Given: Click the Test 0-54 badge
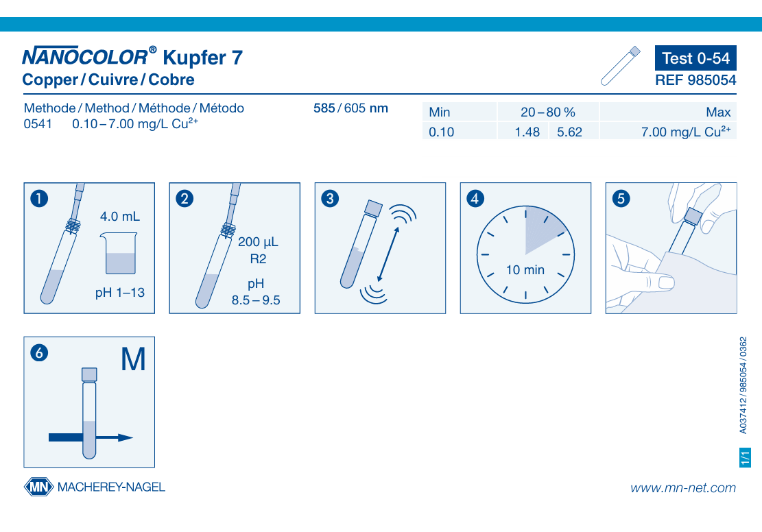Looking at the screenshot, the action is point(695,58).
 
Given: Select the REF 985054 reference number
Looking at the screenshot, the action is point(695,80).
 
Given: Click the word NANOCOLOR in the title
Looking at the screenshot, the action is point(85,57).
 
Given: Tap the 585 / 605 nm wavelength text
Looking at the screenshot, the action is point(350,108).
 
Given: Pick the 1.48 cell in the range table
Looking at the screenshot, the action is point(527,132).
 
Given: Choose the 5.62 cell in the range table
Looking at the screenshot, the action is point(569,132).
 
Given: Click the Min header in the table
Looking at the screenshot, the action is point(440,112).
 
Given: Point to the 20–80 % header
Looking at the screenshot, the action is point(548,112).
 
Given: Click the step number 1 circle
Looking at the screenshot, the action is point(39,198).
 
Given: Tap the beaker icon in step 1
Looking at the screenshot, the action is point(119,253).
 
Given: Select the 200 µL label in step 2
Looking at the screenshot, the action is point(258,242).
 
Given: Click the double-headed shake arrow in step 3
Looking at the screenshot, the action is point(388,254).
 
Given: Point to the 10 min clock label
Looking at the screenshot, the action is point(525,269).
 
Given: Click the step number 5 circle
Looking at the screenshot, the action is point(621,198).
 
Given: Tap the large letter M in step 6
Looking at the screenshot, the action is point(133,359).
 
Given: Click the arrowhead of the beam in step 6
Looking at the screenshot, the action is point(126,438).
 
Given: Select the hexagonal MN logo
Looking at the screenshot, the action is point(39,487).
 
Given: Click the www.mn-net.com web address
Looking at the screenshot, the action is point(683,488).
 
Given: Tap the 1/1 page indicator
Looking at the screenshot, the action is point(745,457).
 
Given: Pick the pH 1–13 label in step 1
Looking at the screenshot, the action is point(119,293).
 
